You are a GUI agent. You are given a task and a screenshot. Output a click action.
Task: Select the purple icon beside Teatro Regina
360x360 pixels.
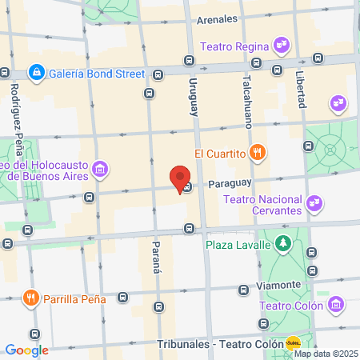(280, 46)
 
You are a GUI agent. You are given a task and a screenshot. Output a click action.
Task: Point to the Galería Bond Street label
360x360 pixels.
(97, 74)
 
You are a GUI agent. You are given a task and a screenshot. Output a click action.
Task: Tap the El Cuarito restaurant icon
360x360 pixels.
(257, 153)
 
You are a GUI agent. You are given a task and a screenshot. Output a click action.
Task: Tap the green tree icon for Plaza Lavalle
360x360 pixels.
(282, 244)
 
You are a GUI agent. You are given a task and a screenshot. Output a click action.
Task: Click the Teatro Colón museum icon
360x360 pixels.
(335, 305)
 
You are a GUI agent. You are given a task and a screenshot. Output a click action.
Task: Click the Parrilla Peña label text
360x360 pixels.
(77, 299)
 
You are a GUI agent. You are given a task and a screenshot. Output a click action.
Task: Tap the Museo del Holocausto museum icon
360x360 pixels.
(100, 169)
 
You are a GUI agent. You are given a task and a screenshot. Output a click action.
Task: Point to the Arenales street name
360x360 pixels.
(218, 18)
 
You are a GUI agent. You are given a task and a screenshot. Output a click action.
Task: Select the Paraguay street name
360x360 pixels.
(230, 183)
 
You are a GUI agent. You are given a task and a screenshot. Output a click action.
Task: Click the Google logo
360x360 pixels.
(26, 350)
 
